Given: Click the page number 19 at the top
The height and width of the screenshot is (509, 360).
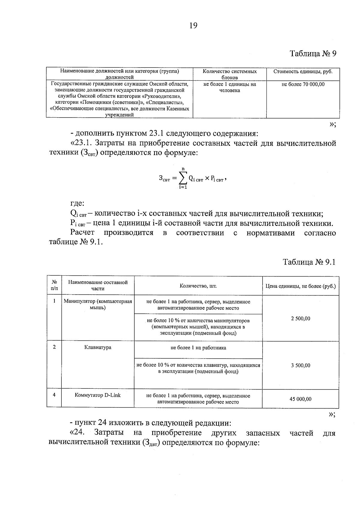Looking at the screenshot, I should pyautogui.click(x=193, y=26).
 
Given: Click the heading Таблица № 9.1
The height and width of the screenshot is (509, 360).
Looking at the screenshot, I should pyautogui.click(x=309, y=262).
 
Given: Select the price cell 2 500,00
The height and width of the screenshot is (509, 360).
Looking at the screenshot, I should pyautogui.click(x=300, y=319).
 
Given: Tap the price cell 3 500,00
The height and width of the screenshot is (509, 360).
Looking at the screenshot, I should pyautogui.click(x=300, y=365).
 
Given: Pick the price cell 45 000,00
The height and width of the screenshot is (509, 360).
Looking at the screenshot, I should pyautogui.click(x=300, y=399).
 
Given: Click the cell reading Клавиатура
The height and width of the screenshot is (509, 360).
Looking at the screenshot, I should pyautogui.click(x=98, y=347).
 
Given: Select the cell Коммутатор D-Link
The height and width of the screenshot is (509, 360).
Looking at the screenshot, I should pyautogui.click(x=98, y=395).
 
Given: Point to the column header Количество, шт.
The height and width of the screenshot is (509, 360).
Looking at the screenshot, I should pyautogui.click(x=198, y=286).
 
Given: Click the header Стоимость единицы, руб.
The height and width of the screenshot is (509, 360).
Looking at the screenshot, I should pyautogui.click(x=303, y=72).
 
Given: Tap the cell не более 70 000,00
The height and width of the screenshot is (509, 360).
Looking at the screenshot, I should pyautogui.click(x=303, y=84).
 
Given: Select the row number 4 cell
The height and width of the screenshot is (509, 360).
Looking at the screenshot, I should pyautogui.click(x=54, y=395).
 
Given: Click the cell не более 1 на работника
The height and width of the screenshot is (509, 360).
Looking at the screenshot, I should pyautogui.click(x=198, y=348).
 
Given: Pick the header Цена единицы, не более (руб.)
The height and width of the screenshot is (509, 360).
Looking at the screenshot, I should pyautogui.click(x=301, y=286).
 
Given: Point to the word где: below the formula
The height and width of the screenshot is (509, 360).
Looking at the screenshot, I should pyautogui.click(x=77, y=204).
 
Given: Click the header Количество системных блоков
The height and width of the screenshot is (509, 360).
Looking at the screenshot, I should pyautogui.click(x=229, y=74).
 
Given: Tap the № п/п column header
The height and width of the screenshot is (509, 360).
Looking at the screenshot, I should pyautogui.click(x=54, y=285).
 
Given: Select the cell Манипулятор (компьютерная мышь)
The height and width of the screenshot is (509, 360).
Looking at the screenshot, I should pyautogui.click(x=98, y=304).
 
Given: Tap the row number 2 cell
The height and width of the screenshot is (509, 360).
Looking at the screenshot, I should pyautogui.click(x=54, y=347).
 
